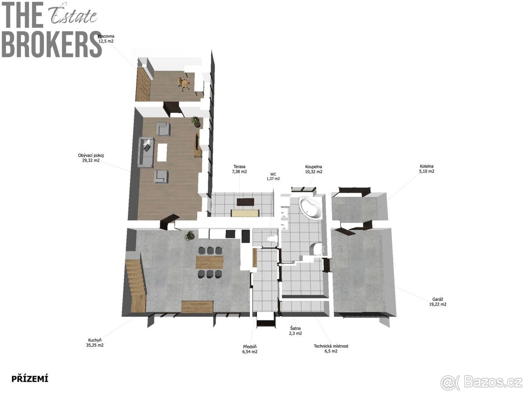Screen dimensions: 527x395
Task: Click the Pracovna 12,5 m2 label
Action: pos(106,39)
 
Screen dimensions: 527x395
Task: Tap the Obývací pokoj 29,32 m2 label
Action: pos(91,158)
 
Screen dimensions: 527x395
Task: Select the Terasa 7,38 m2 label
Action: pos(239,169)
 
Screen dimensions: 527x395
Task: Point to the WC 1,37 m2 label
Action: pos(273,176)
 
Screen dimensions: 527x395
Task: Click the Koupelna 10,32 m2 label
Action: pos(314,169)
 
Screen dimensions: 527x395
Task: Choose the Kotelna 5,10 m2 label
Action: pos(426,169)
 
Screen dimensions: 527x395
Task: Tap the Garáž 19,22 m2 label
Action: pos(438,302)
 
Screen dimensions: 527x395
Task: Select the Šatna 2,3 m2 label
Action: pos(295,331)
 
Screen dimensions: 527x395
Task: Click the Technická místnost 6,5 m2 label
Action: pos(331,348)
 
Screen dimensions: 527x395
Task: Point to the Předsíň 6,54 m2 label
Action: pos(250,349)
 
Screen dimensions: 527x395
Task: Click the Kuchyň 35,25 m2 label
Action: pos(94,342)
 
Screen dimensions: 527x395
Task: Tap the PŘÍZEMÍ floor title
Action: pos(30,379)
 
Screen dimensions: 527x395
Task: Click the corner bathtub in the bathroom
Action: pos(310,208)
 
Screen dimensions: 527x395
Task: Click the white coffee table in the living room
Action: pos(162,153)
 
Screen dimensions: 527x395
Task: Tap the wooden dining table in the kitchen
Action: pos(209,262)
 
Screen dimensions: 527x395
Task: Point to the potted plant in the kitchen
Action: pos(189,235)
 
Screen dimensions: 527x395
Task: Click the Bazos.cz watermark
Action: pos(481,382)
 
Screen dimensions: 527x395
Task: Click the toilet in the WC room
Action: pos(273,238)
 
